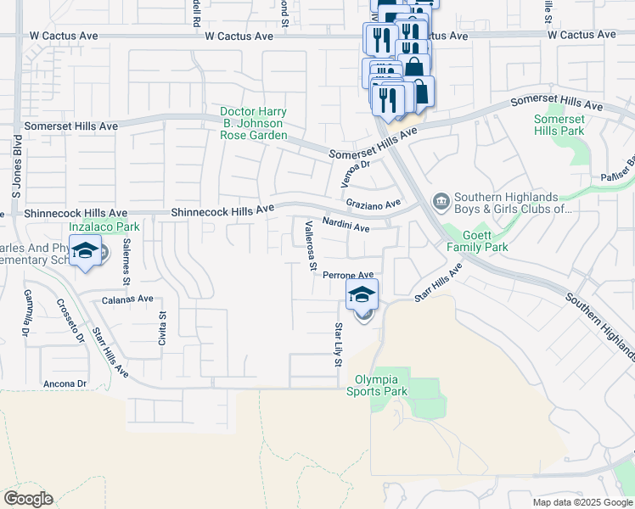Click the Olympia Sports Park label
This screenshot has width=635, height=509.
click(x=376, y=385)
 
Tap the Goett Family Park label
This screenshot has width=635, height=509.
click(x=485, y=241)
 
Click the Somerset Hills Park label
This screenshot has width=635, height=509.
click(x=559, y=125)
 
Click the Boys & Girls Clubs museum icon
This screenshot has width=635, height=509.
click(x=441, y=201)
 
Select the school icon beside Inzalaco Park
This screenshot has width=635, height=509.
click(x=85, y=251)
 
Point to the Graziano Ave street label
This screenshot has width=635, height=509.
click(x=374, y=204)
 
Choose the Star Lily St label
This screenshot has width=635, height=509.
click(x=338, y=344)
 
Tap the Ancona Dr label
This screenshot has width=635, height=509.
click(x=65, y=383)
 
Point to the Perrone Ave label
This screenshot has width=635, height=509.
click(x=348, y=275)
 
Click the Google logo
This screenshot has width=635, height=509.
click(x=28, y=499)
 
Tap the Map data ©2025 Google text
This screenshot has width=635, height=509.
click(x=582, y=502)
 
